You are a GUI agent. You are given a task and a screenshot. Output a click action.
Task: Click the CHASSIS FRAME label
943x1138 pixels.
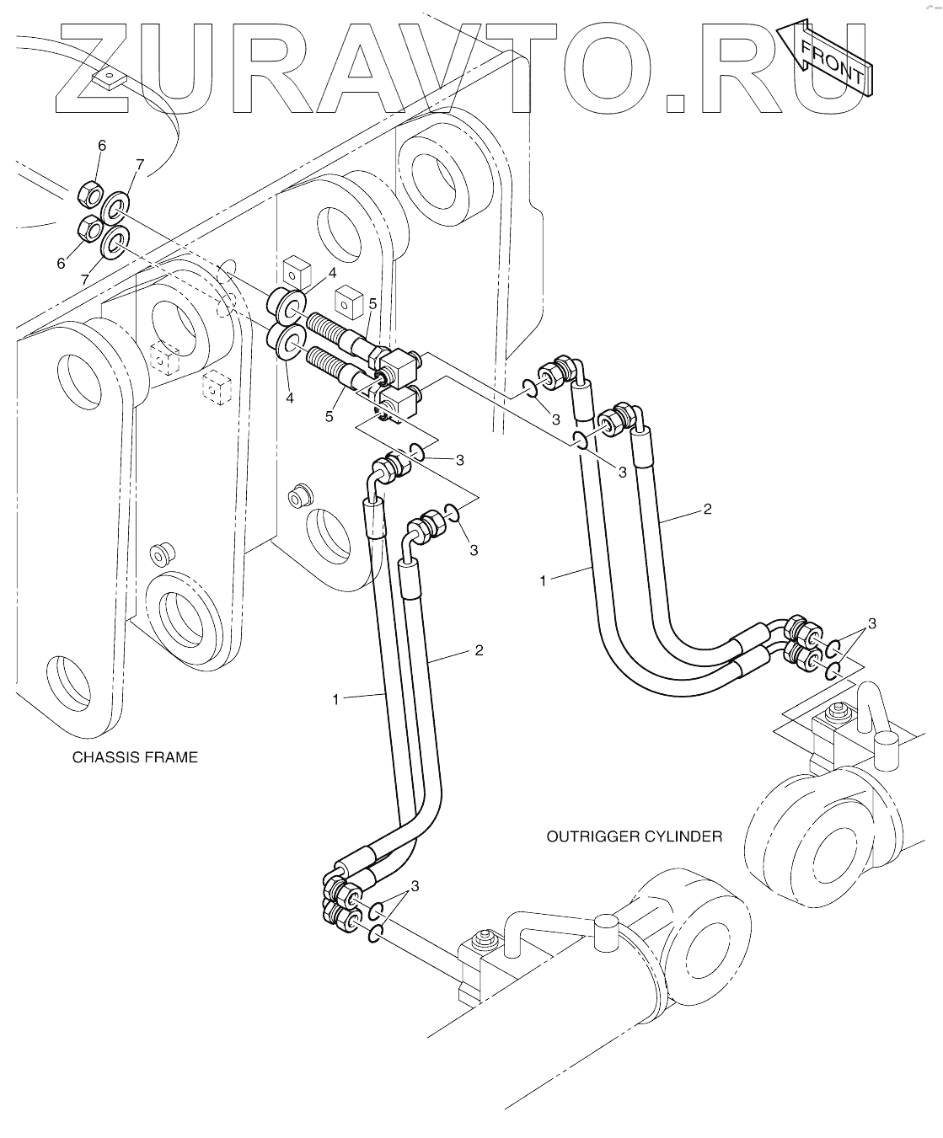(135, 757)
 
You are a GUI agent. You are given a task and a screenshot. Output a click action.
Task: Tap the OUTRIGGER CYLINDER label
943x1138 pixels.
(634, 836)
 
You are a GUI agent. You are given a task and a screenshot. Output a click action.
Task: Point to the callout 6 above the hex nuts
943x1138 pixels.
(102, 146)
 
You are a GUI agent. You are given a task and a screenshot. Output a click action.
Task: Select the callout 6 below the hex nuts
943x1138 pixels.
(61, 264)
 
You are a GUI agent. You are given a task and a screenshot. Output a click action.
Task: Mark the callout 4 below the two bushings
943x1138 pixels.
(290, 397)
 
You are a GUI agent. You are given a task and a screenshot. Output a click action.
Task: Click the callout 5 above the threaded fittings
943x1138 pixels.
(372, 303)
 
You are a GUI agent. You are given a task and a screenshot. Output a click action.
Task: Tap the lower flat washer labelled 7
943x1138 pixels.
(115, 243)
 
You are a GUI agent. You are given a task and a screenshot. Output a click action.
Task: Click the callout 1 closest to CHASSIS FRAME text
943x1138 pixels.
(335, 699)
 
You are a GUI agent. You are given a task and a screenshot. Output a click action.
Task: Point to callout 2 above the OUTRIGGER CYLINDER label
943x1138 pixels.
(707, 509)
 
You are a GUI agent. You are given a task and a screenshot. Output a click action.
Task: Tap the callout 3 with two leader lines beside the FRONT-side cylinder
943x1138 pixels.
(871, 624)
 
